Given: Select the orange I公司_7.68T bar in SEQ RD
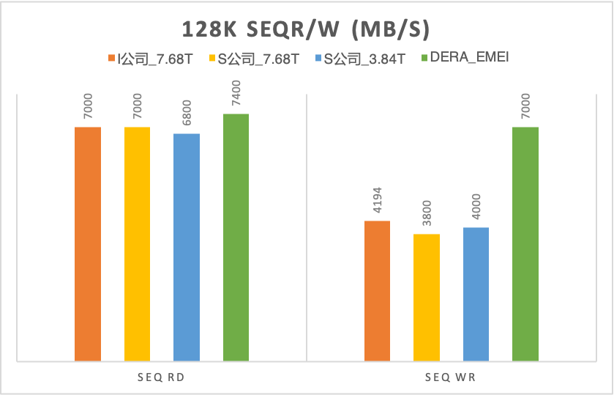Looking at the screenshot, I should (88, 243).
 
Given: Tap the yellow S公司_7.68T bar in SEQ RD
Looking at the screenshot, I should (137, 243).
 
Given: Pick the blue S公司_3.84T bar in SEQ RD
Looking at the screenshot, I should (186, 247).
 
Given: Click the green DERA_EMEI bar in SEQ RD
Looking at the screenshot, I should (236, 237).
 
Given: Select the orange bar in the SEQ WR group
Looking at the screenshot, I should (377, 290).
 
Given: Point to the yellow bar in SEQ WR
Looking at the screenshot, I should (427, 297).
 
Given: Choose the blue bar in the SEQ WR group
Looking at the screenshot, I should (476, 294).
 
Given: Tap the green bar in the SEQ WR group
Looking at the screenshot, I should (525, 243).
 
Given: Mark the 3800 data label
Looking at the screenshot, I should (427, 214).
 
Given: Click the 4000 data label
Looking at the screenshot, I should (476, 207).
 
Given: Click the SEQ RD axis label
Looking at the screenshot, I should (162, 377).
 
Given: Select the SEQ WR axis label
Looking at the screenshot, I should (452, 377).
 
